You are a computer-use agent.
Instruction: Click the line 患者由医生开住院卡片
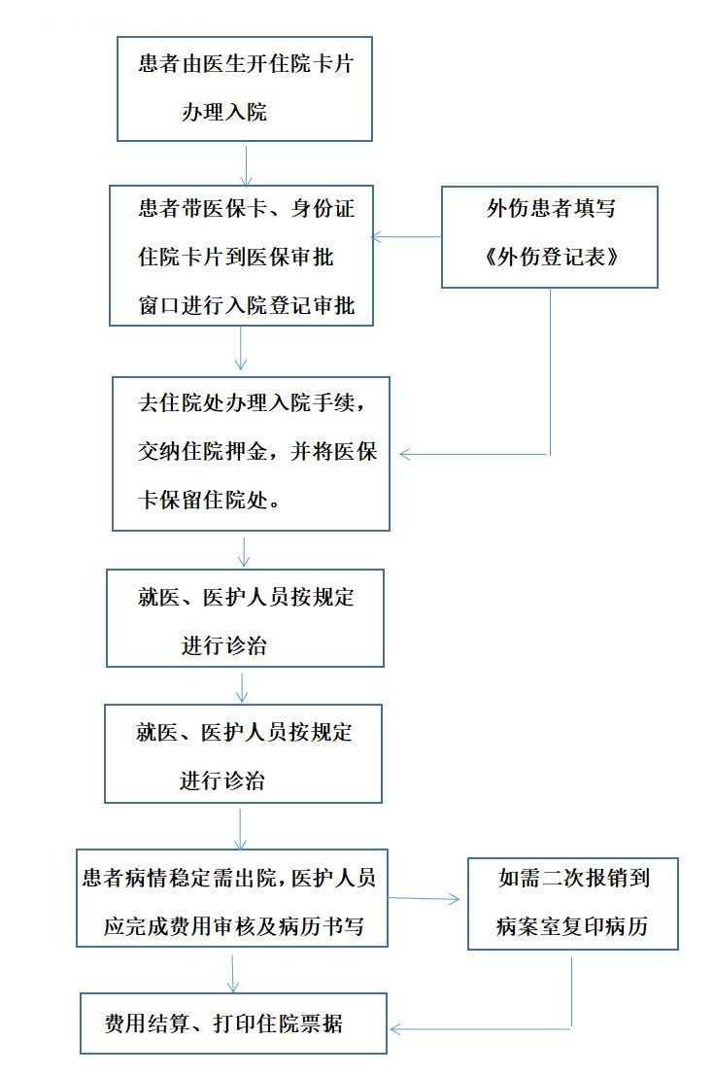(244, 66)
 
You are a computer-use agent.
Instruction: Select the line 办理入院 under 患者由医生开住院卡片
(223, 113)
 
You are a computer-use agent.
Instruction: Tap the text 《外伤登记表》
(550, 258)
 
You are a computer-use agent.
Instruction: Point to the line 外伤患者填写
(550, 210)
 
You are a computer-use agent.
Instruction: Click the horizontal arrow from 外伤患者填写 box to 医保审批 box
(407, 236)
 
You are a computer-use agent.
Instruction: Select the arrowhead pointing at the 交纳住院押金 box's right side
(406, 454)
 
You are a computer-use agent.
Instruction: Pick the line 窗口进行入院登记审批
(247, 306)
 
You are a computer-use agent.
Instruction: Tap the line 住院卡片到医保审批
(237, 258)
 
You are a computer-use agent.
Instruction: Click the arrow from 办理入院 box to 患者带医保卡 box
(247, 164)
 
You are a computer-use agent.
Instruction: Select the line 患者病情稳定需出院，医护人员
(229, 879)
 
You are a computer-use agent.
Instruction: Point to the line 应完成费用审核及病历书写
(233, 926)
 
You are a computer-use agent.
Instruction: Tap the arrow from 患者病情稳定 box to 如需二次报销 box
(425, 899)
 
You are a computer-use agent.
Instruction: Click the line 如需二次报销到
(573, 879)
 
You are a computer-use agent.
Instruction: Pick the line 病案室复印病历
(573, 926)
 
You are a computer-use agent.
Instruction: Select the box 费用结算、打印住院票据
(233, 1023)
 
